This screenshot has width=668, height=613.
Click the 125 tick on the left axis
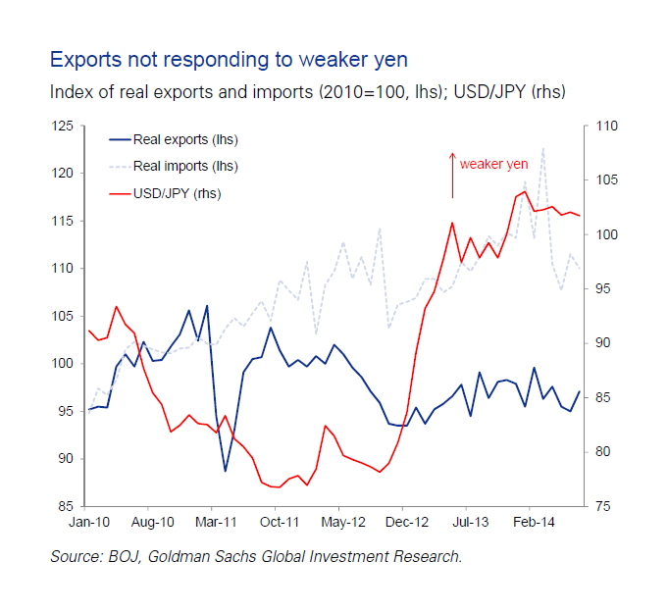tap(63, 127)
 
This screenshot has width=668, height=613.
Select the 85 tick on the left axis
tap(67, 506)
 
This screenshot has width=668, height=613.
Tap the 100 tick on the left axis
tap(63, 364)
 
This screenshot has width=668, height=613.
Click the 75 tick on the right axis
tap(600, 506)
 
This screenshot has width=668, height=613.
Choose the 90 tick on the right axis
tap(600, 343)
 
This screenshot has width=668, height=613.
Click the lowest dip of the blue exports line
tap(226, 471)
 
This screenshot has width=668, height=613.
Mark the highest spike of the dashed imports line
tap(543, 148)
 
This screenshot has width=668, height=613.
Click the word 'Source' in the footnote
tap(74, 557)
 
